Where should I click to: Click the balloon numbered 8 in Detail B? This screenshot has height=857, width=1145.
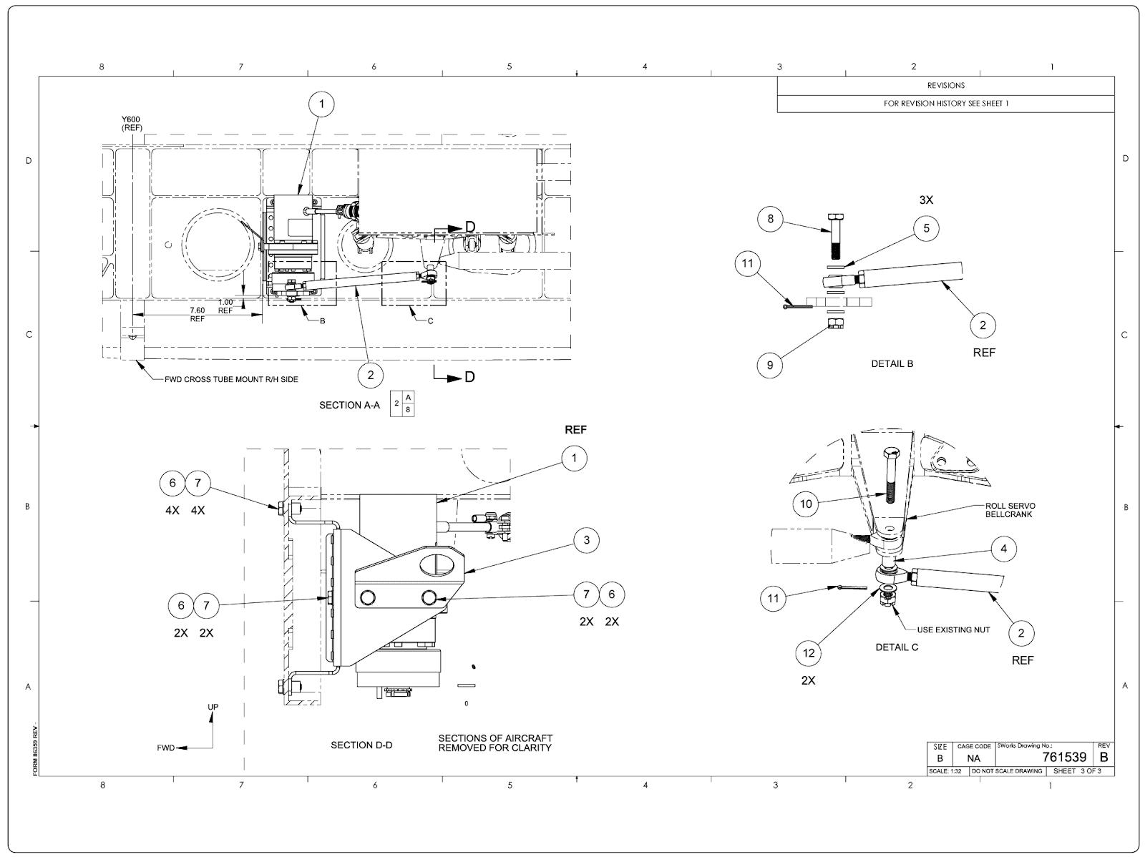(771, 218)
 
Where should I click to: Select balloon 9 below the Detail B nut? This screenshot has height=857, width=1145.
(770, 365)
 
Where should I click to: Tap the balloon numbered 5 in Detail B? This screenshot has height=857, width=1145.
(926, 228)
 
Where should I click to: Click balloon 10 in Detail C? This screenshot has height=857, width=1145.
(806, 504)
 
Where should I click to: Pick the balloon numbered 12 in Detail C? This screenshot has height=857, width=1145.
(809, 652)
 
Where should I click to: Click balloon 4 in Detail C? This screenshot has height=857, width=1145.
(1004, 549)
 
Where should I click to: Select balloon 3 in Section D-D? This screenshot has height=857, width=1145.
(586, 540)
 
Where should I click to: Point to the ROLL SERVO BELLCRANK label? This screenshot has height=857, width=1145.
(1010, 510)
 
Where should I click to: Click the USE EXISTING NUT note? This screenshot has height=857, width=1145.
(954, 630)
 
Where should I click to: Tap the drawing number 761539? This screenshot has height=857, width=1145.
(1064, 757)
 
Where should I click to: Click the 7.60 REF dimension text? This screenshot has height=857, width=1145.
(197, 314)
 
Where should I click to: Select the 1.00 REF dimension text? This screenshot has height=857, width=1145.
(225, 306)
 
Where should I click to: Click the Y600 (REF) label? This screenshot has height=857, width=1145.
(132, 124)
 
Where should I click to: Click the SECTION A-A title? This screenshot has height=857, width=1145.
(349, 405)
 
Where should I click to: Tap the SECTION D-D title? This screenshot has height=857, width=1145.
(361, 745)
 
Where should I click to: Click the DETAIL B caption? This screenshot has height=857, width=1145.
(892, 363)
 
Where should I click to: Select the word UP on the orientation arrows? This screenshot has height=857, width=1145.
(213, 707)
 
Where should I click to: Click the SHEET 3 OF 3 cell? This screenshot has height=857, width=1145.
(1078, 771)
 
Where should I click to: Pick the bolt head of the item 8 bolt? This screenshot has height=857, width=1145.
(836, 217)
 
